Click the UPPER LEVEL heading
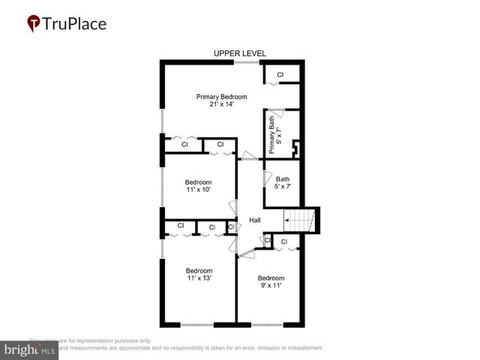239,53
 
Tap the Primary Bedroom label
222,97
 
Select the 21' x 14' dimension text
222,104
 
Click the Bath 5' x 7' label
283,182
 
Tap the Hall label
255,220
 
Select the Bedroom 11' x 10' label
199,185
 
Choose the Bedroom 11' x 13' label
199,274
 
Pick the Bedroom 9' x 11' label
271,281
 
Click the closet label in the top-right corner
280,75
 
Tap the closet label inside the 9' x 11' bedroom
284,241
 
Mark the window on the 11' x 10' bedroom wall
162,187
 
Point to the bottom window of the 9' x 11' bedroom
267,325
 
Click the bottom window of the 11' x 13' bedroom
197,325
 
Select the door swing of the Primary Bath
276,113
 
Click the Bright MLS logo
29,350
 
